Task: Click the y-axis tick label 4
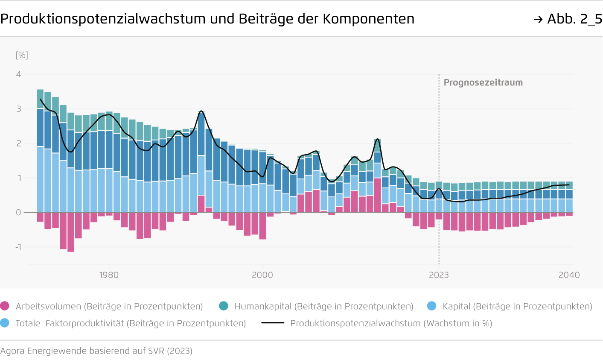(x=18, y=75)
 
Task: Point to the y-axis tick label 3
(x=18, y=109)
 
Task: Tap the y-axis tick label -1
(x=18, y=247)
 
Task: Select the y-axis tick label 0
(x=18, y=213)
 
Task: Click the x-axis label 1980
(x=109, y=275)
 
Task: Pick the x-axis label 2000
(x=262, y=275)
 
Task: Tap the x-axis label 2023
(x=439, y=275)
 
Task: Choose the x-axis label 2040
(x=569, y=275)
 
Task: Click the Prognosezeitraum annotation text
(x=483, y=83)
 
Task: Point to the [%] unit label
(x=22, y=55)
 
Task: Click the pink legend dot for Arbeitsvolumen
(x=5, y=306)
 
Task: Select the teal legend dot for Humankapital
(x=223, y=306)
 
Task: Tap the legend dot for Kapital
(x=431, y=306)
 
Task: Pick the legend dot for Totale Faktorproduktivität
(x=5, y=323)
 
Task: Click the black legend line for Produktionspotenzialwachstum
(x=273, y=323)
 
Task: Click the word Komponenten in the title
(x=368, y=19)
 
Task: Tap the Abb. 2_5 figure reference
(x=574, y=19)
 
